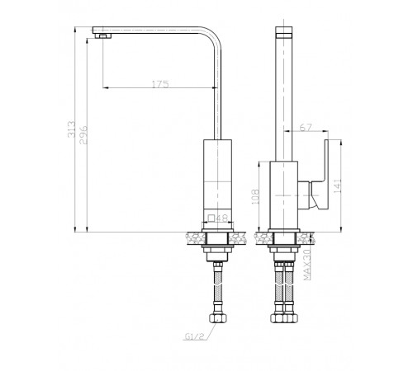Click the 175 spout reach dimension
coord(160,84)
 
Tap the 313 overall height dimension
coord(71,129)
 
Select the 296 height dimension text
coord(83,135)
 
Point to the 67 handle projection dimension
coord(306,128)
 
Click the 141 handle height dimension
coord(338,185)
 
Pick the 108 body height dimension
coord(255,196)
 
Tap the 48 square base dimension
coord(222,218)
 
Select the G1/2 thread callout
coord(195,336)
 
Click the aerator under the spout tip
coord(103,36)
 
